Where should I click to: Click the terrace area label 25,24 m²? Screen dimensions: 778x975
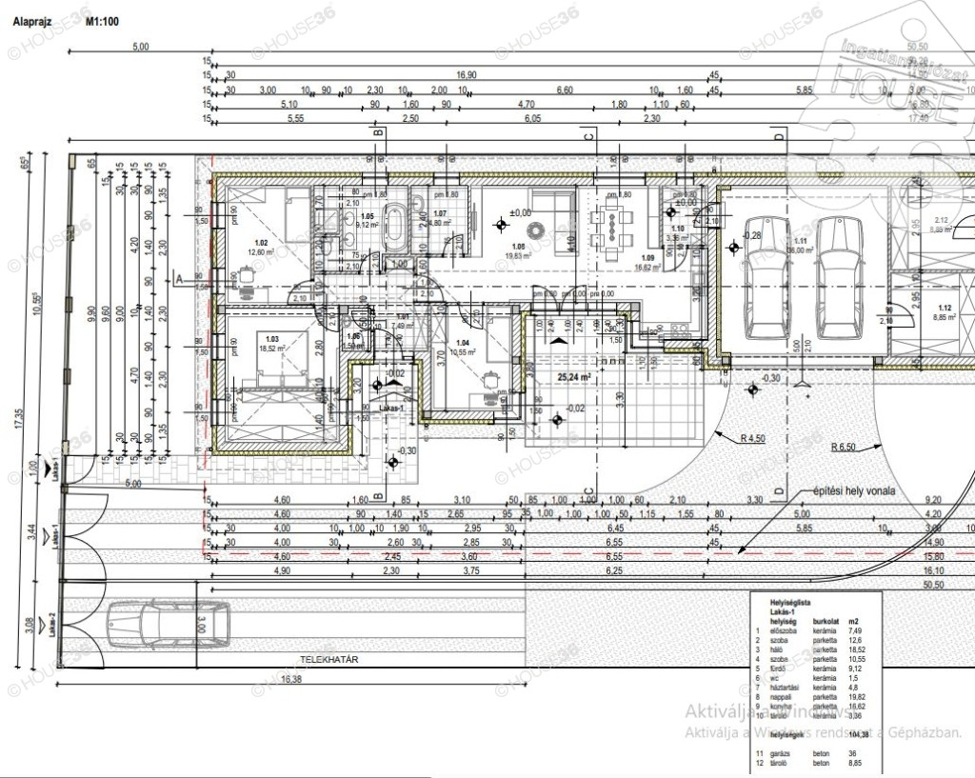tap(574, 375)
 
